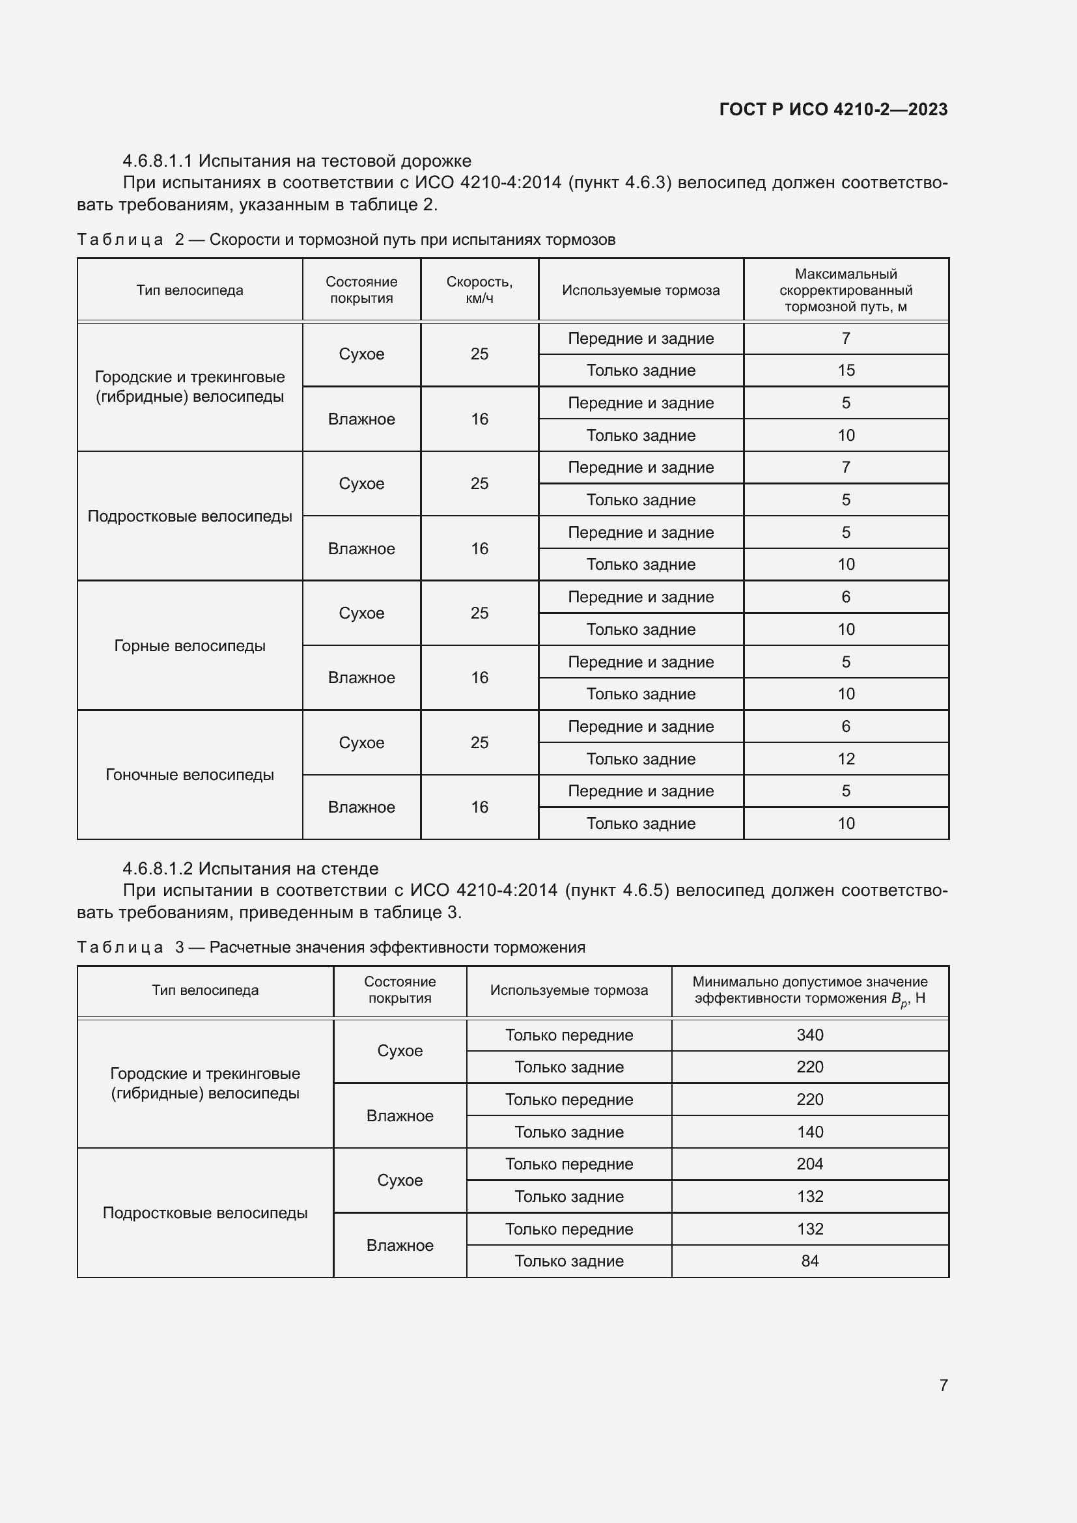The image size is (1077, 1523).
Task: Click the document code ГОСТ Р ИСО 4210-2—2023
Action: (833, 109)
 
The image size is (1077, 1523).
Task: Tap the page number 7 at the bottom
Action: (943, 1385)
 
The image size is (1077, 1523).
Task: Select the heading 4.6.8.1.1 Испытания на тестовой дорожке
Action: (296, 161)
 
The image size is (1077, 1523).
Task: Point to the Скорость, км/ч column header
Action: (479, 290)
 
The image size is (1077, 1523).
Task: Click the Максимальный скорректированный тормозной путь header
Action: (846, 290)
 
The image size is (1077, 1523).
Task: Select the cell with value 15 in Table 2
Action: (846, 370)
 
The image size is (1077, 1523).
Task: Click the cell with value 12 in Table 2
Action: (846, 759)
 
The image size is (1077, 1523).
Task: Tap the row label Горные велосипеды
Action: (189, 645)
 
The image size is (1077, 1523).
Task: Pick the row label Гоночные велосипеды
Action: (189, 775)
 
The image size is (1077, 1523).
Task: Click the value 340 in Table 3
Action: (810, 1035)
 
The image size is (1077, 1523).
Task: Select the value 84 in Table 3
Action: (810, 1261)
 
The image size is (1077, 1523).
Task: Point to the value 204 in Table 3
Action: (810, 1164)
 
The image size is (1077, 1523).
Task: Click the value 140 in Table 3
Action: (810, 1132)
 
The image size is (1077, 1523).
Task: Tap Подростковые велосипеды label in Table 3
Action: (205, 1212)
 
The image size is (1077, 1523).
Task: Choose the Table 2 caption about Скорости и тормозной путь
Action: (346, 240)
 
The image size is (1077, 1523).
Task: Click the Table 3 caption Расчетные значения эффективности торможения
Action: (331, 947)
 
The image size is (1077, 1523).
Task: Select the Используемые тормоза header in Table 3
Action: (569, 990)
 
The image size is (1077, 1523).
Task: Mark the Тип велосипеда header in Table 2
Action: (189, 290)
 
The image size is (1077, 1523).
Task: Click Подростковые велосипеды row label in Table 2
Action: (189, 516)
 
